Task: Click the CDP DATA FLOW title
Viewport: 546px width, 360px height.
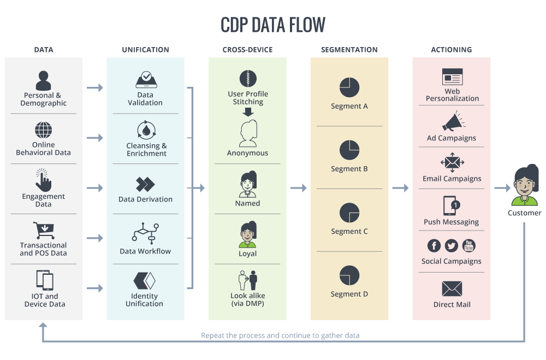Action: coord(272,25)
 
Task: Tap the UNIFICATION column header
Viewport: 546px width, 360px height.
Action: coord(145,50)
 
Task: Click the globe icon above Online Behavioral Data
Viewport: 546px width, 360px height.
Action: coord(44,131)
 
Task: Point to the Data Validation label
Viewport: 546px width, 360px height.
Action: coord(145,98)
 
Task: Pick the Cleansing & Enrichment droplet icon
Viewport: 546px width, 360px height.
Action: coord(146,131)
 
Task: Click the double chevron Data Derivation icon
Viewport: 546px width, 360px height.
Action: coord(145,184)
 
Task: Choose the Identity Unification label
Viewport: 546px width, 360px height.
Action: coord(145,300)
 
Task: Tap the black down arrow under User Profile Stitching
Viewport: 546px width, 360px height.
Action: coord(248,112)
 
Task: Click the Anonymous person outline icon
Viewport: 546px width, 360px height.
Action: coord(248,134)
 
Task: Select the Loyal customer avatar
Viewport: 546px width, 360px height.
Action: coord(248,234)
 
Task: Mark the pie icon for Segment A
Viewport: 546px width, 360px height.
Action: coord(349,86)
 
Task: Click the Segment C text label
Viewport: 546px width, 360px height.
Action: coord(349,232)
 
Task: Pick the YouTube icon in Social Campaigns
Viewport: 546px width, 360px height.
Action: coord(469,246)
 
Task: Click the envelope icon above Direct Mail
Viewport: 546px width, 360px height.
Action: coord(452,289)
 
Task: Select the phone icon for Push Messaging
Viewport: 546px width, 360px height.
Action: coord(450,205)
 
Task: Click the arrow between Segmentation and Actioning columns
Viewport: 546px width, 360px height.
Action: coord(401,188)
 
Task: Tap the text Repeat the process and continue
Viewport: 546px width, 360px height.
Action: coord(280,335)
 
